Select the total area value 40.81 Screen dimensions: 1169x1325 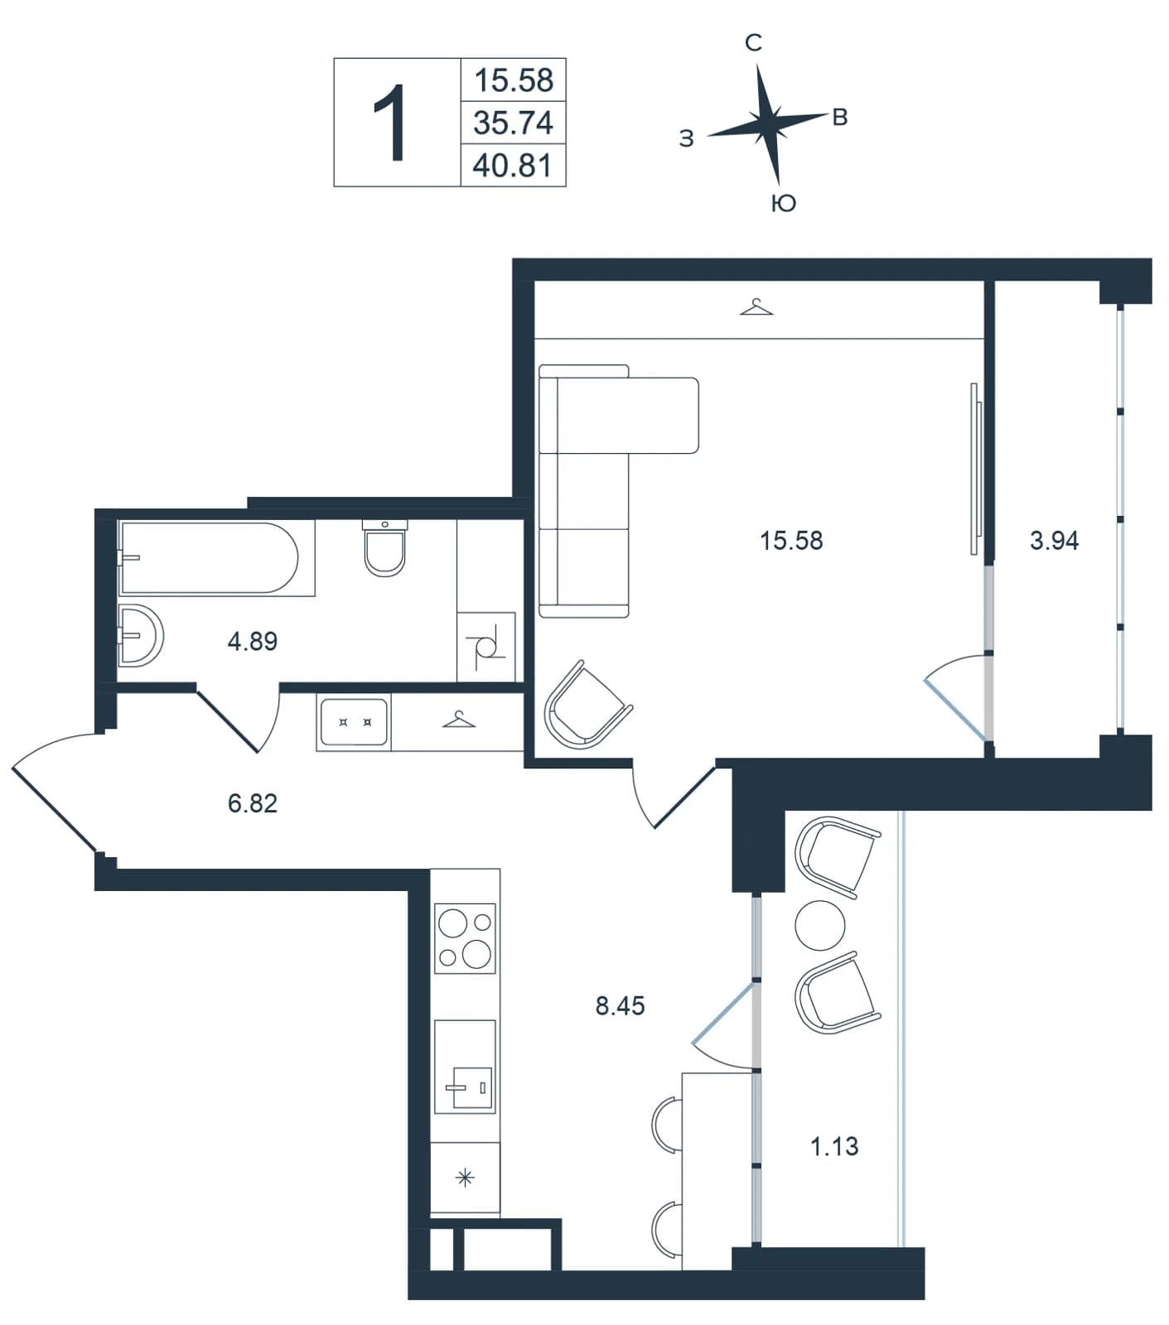pyautogui.click(x=513, y=166)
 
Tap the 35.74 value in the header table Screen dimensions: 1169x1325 pyautogui.click(x=513, y=123)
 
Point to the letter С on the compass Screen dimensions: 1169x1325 pyautogui.click(x=753, y=43)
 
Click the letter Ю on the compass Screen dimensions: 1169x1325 pyautogui.click(x=783, y=203)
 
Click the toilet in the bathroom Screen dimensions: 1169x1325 pyautogui.click(x=385, y=547)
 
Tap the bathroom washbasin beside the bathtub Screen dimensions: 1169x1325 pyautogui.click(x=140, y=635)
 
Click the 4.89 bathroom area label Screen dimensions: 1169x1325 pyautogui.click(x=253, y=641)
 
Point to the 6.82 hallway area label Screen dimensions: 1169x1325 pyautogui.click(x=253, y=803)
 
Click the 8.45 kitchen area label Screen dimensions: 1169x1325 pyautogui.click(x=620, y=1006)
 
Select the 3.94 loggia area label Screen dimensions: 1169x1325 pyautogui.click(x=1054, y=541)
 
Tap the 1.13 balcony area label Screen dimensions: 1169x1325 pyautogui.click(x=833, y=1147)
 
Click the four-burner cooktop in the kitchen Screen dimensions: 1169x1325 pyautogui.click(x=465, y=938)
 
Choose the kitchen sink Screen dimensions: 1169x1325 pyautogui.click(x=465, y=1067)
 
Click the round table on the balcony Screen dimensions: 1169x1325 pyautogui.click(x=820, y=926)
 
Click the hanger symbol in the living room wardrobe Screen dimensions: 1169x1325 pyautogui.click(x=756, y=307)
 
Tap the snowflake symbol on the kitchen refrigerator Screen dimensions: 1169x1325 pyautogui.click(x=466, y=1177)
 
